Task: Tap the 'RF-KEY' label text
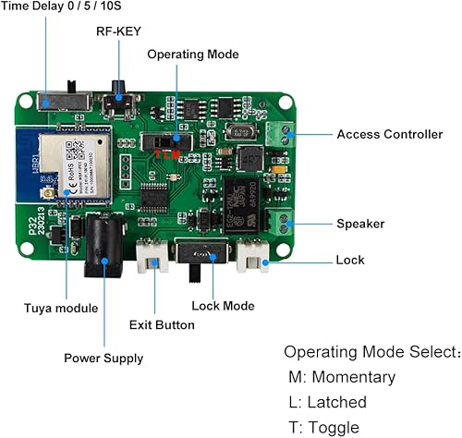(119, 30)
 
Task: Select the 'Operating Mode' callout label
(192, 55)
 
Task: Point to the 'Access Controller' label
(389, 134)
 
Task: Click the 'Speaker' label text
(360, 224)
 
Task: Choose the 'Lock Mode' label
(222, 305)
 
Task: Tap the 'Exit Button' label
(162, 324)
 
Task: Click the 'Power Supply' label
(103, 358)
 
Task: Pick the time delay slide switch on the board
(60, 96)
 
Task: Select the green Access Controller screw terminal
(280, 135)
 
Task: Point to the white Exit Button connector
(153, 259)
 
